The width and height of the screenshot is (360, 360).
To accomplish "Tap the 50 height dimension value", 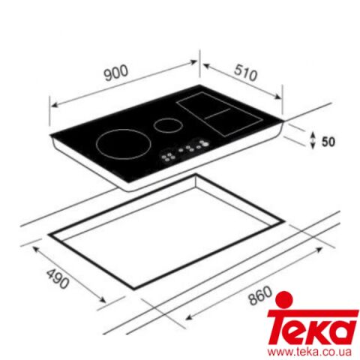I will [327, 139].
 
